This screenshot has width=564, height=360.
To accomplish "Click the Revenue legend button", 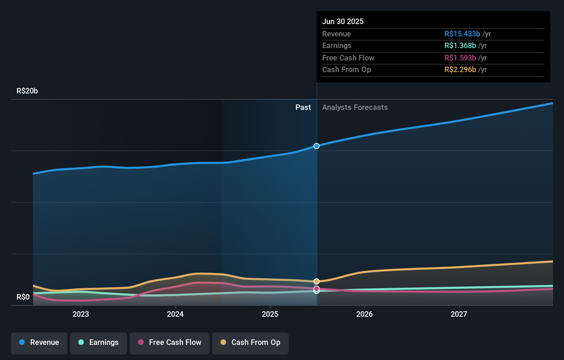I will [39, 343].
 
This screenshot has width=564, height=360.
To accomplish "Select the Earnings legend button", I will [99, 343].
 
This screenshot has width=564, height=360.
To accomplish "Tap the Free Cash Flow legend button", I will [170, 343].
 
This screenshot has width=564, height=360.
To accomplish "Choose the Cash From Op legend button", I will [250, 343].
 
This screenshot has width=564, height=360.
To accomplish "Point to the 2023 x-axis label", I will [81, 314].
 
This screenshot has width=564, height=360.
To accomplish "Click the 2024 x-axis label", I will [175, 314].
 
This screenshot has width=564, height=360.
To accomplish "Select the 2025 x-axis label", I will [270, 314].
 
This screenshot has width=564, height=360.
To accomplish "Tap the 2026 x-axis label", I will [364, 314].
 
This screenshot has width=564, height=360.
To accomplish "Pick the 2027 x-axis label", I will [459, 314].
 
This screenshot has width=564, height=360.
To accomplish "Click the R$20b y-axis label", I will [27, 91].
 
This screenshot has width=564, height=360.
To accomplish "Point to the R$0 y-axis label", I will [23, 297].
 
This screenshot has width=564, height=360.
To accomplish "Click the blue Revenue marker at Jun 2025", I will [316, 146].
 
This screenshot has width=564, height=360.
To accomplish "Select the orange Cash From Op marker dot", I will [316, 281].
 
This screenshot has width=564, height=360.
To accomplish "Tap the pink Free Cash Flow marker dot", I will [316, 289].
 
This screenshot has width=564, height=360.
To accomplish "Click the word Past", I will [303, 108].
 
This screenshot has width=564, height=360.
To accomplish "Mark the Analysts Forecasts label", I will [355, 108].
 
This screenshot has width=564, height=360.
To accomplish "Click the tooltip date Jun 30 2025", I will [343, 22].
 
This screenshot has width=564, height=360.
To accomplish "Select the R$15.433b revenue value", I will [462, 34].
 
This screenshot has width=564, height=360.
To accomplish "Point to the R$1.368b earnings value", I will [460, 46].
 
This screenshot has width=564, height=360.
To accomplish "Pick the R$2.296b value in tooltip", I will [460, 70].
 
